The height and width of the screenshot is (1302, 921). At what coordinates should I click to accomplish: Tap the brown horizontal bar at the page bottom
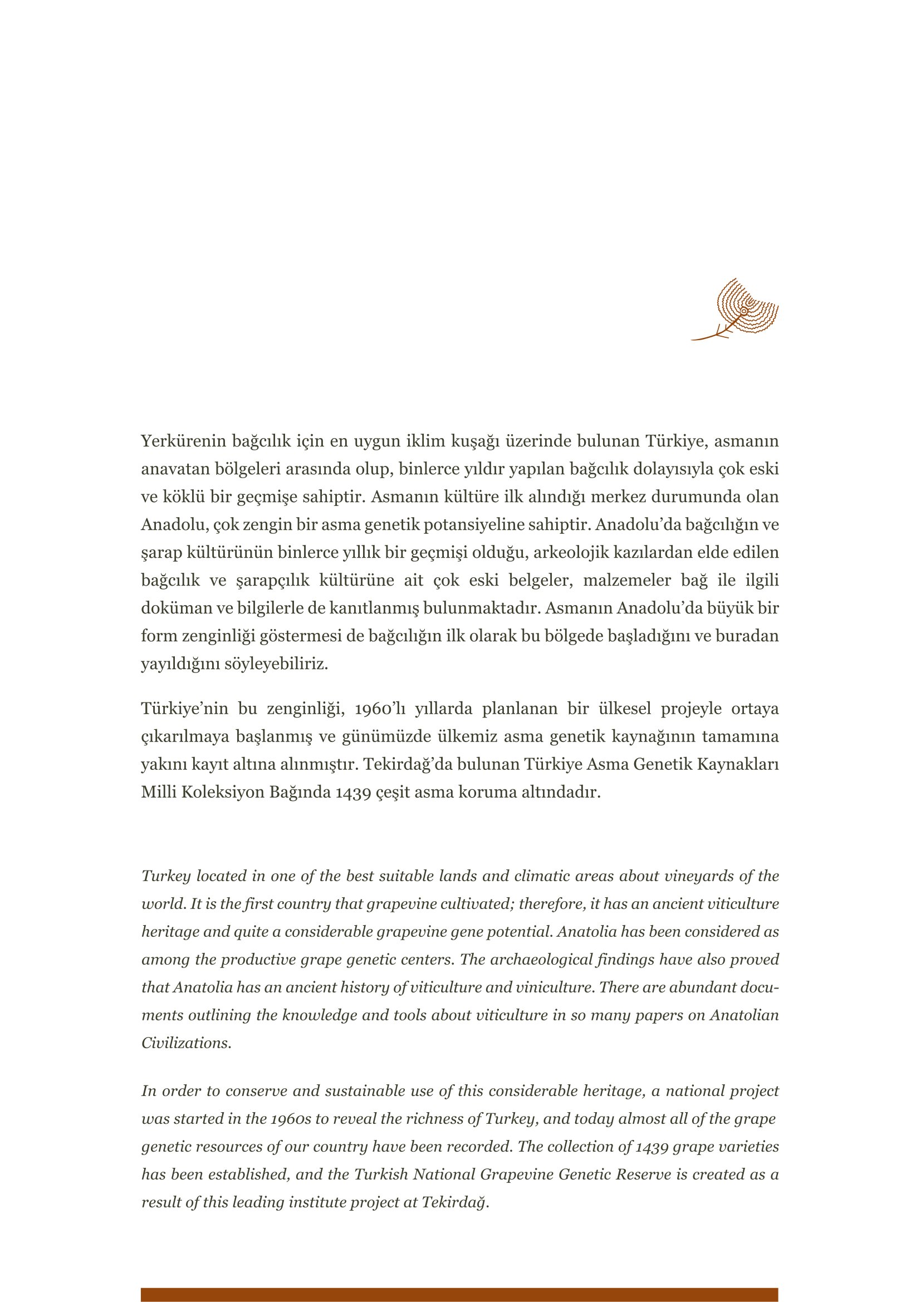click(x=459, y=1295)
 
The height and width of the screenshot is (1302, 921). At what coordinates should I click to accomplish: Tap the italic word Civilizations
click(x=186, y=1043)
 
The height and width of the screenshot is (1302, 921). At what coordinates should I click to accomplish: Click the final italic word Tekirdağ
click(x=455, y=1202)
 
